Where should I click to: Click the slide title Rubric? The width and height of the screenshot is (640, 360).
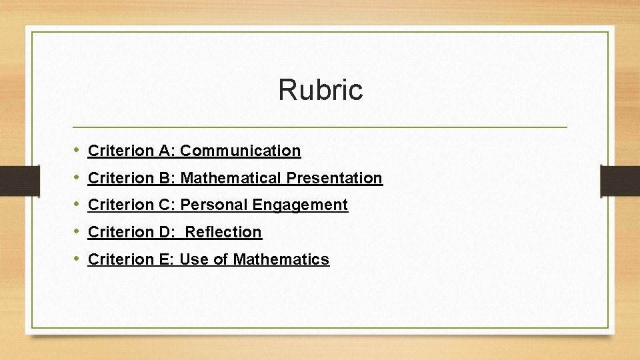pyautogui.click(x=320, y=90)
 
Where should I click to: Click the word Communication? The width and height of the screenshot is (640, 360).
pyautogui.click(x=240, y=151)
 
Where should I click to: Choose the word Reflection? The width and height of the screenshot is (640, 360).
pyautogui.click(x=223, y=233)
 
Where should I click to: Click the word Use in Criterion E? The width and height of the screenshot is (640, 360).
pyautogui.click(x=194, y=260)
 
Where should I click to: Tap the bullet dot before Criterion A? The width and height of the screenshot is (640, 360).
pyautogui.click(x=78, y=150)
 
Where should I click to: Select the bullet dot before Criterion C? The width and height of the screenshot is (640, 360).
pyautogui.click(x=78, y=204)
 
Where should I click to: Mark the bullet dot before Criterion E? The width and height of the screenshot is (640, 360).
pyautogui.click(x=78, y=259)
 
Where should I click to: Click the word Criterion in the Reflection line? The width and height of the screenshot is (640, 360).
pyautogui.click(x=121, y=233)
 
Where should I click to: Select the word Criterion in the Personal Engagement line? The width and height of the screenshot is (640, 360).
pyautogui.click(x=121, y=205)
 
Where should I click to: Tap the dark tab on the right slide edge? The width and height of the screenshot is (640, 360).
pyautogui.click(x=619, y=181)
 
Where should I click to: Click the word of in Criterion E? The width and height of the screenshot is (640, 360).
pyautogui.click(x=221, y=260)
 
